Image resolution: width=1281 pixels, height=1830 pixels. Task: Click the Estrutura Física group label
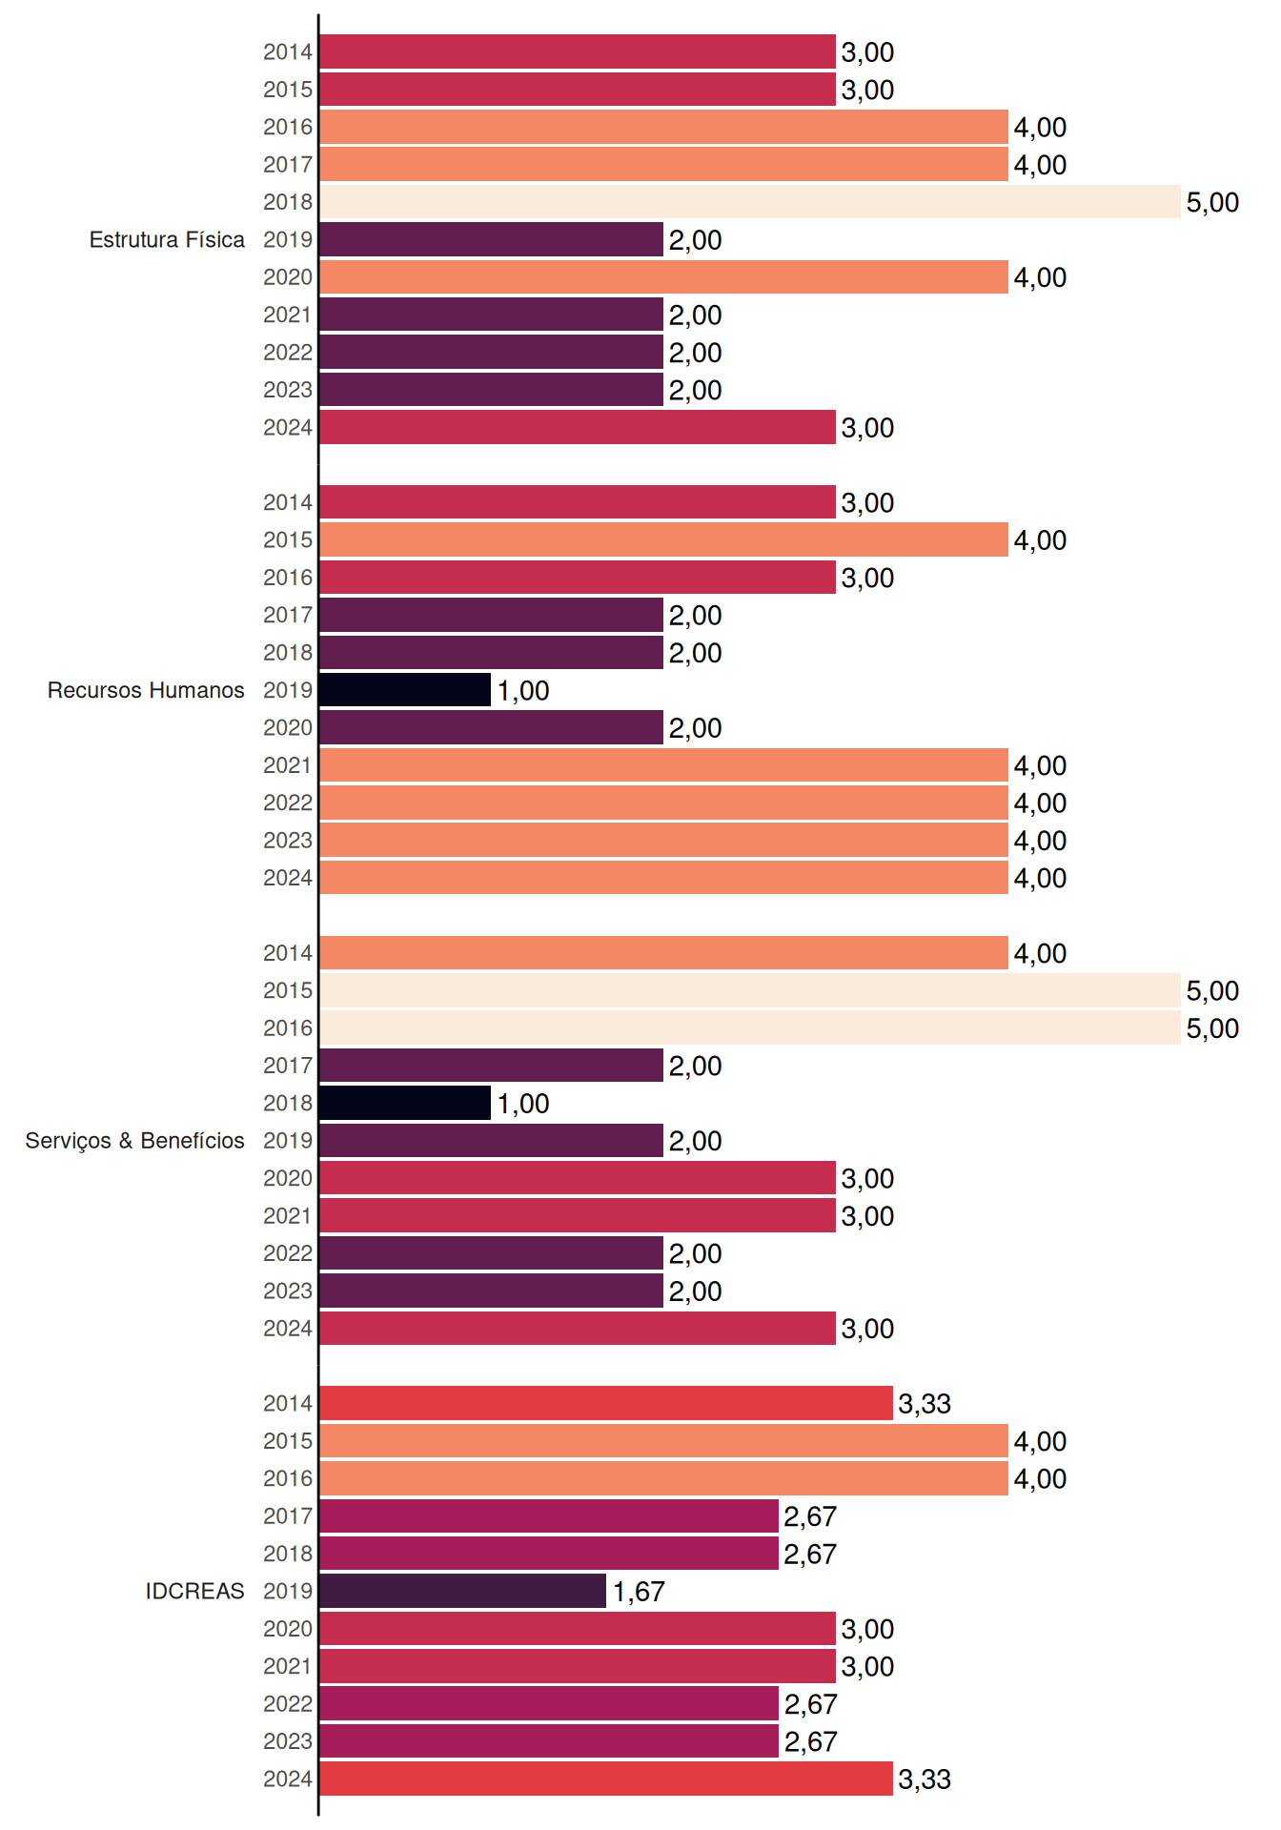point(167,239)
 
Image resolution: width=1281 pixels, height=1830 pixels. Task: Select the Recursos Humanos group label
point(146,690)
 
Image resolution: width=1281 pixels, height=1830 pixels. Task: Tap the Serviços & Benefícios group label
point(134,1141)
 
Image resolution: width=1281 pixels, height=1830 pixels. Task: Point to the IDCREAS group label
point(194,1591)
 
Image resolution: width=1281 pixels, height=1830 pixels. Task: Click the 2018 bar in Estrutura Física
point(750,202)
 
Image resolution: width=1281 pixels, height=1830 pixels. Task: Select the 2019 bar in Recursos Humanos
point(405,690)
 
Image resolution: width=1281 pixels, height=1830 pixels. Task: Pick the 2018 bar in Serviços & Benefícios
point(405,1103)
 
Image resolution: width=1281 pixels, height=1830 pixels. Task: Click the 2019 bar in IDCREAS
point(463,1591)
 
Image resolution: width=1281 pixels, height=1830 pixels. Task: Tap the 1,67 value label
point(639,1592)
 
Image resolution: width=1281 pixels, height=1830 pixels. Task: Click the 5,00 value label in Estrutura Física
point(1212,202)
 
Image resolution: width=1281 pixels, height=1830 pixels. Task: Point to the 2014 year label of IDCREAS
point(288,1403)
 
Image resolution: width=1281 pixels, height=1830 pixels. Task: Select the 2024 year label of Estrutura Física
point(288,427)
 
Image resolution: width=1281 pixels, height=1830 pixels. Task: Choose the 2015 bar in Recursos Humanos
point(664,539)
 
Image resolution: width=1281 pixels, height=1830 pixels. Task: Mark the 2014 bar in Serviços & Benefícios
point(664,953)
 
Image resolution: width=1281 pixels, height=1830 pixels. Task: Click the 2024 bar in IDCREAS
point(606,1779)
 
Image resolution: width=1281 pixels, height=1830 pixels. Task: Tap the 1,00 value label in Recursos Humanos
point(523,691)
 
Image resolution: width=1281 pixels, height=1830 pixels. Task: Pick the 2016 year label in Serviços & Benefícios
point(288,1027)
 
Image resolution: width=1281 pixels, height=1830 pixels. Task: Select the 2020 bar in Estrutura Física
point(664,277)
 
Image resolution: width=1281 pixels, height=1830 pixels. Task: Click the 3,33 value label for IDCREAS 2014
point(925,1404)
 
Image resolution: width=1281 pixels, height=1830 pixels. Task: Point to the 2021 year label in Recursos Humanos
point(288,765)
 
